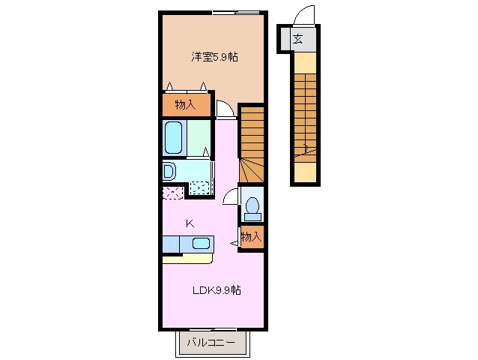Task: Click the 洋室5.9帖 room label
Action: point(214,56)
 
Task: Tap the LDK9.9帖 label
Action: point(215,290)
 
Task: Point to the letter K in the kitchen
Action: point(190,223)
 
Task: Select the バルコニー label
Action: point(211,343)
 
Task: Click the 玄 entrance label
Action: point(297,39)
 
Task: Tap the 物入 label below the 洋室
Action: point(185,104)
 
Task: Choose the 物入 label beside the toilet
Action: point(251,237)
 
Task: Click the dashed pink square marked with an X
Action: point(172,192)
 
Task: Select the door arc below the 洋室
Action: point(224,109)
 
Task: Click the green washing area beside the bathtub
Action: point(199,136)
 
